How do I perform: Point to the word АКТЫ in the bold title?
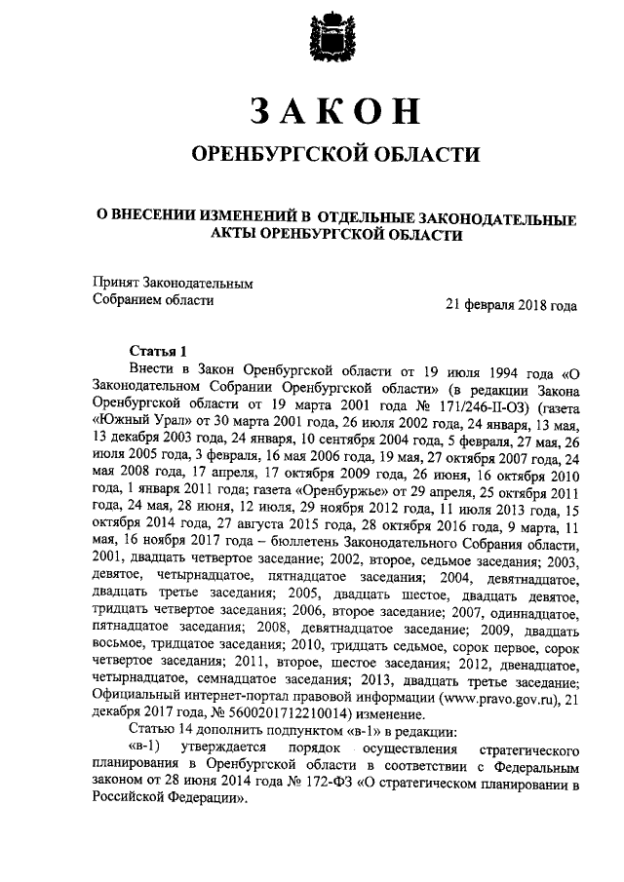236,235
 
